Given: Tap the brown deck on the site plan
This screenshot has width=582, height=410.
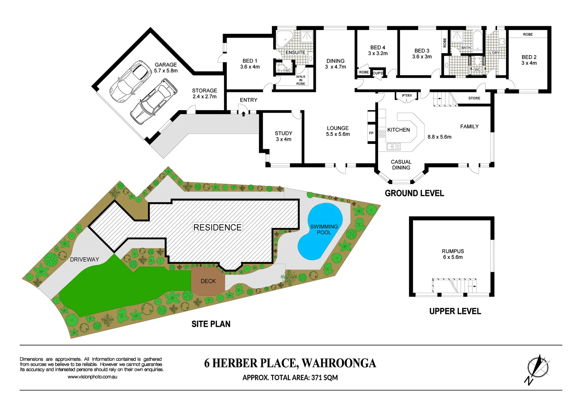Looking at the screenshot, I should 208,281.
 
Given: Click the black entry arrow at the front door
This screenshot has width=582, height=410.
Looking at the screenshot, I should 243,113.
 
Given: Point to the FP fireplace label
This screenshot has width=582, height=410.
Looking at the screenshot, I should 371,133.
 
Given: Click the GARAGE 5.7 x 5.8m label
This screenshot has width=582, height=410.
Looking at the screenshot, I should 166,68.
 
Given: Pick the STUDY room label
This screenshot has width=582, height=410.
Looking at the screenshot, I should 283,136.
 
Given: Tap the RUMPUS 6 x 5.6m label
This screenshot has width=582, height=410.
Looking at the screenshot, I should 453,254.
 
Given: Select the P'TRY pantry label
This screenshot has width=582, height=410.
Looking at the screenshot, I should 407,96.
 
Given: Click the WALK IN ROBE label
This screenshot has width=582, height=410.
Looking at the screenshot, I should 301,80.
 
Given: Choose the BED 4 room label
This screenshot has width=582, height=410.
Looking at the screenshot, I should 378,50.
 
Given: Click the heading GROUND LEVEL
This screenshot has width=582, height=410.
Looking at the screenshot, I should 414,193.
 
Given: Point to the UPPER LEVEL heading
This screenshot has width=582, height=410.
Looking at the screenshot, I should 455,311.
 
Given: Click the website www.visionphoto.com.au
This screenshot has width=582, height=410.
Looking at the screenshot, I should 92,377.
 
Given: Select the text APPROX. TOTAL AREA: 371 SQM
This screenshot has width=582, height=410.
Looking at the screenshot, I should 290,378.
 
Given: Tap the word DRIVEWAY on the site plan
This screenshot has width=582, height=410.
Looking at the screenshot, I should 84,260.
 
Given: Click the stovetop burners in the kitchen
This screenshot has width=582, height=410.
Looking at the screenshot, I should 382,134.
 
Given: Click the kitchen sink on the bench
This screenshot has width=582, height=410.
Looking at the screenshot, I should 393,146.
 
